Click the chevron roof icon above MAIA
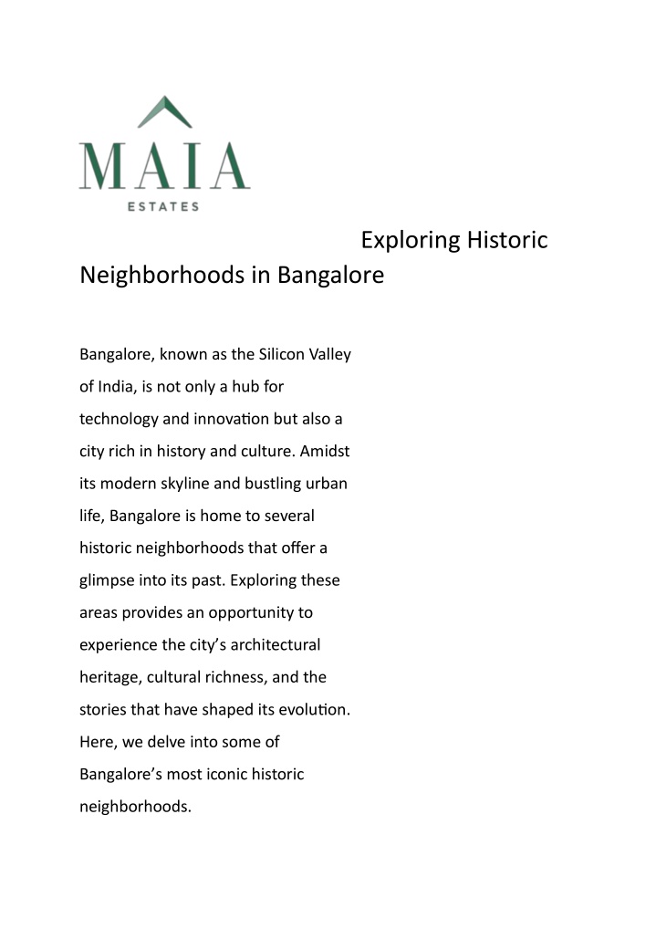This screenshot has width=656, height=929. tap(164, 113)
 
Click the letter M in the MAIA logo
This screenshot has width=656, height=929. tap(102, 165)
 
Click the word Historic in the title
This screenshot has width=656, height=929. tap(507, 241)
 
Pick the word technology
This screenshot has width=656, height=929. tap(118, 419)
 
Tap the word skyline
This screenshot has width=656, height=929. tap(182, 484)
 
